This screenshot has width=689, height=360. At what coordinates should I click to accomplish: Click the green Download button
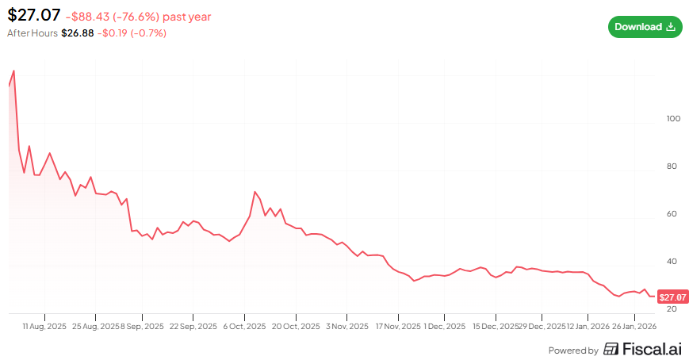(645, 27)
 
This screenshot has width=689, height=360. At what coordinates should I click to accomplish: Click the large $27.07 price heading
(34, 15)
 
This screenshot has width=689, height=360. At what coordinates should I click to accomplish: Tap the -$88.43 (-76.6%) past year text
(139, 17)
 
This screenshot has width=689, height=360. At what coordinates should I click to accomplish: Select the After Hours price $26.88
(78, 33)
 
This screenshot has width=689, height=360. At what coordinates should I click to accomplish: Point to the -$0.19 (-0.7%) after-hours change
(132, 33)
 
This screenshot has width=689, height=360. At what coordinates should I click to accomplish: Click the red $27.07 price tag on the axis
(672, 297)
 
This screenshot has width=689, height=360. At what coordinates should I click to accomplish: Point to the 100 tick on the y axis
(673, 119)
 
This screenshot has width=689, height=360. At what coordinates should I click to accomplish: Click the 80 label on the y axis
(672, 167)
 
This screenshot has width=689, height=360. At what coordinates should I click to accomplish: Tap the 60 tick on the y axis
(672, 214)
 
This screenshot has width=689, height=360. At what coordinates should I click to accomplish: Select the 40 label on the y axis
(672, 262)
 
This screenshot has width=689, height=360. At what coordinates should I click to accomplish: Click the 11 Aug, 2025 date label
(44, 327)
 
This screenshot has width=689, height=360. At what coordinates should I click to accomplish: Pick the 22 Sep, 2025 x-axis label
(193, 327)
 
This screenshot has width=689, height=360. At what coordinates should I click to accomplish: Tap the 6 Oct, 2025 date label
(244, 327)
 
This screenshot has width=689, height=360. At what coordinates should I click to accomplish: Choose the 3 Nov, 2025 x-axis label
(347, 327)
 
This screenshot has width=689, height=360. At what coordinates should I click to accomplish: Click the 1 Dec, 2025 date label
(444, 327)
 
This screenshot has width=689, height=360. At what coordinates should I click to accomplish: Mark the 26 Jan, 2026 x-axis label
(634, 327)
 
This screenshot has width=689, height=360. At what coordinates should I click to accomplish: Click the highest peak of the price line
(14, 71)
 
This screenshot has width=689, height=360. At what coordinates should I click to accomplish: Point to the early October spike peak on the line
(255, 192)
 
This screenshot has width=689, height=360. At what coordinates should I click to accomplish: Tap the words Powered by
(573, 350)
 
